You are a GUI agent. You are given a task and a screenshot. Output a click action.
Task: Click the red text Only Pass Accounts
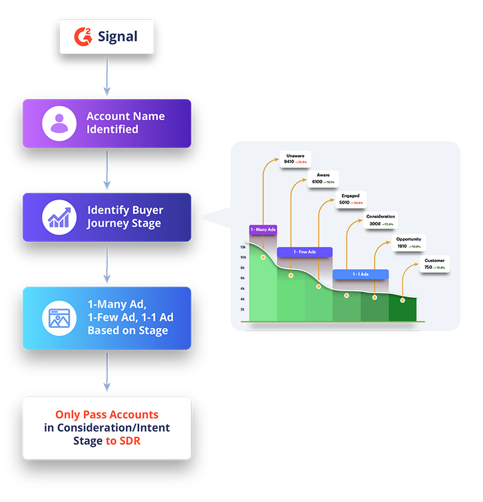point(106,414)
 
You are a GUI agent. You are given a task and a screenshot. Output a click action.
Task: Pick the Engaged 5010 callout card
point(351,199)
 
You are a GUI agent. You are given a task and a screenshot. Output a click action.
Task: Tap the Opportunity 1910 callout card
point(408,243)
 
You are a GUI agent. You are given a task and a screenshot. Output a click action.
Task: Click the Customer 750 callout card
point(435,264)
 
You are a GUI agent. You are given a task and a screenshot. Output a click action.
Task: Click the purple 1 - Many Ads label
point(263,229)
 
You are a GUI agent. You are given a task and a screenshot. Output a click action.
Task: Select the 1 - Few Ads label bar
point(305,252)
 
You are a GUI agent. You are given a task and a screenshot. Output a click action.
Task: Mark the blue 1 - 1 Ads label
point(360,274)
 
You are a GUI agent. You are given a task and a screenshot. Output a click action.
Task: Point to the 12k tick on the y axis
point(243,247)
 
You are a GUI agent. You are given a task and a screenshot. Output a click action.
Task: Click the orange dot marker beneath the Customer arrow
point(402,301)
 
